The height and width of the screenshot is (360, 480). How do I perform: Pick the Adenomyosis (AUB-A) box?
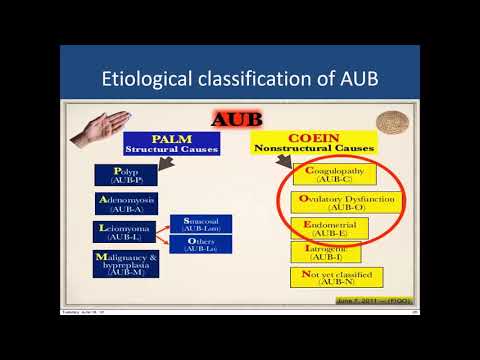(131, 205)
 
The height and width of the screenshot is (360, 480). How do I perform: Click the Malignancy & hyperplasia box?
(133, 264)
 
